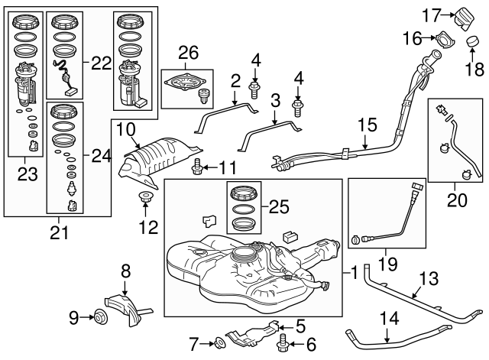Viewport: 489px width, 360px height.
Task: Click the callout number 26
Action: [188, 52]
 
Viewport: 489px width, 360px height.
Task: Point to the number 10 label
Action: [125, 129]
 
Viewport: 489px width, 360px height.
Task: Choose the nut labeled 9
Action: [97, 316]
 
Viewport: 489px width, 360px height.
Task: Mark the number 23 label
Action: [28, 174]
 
